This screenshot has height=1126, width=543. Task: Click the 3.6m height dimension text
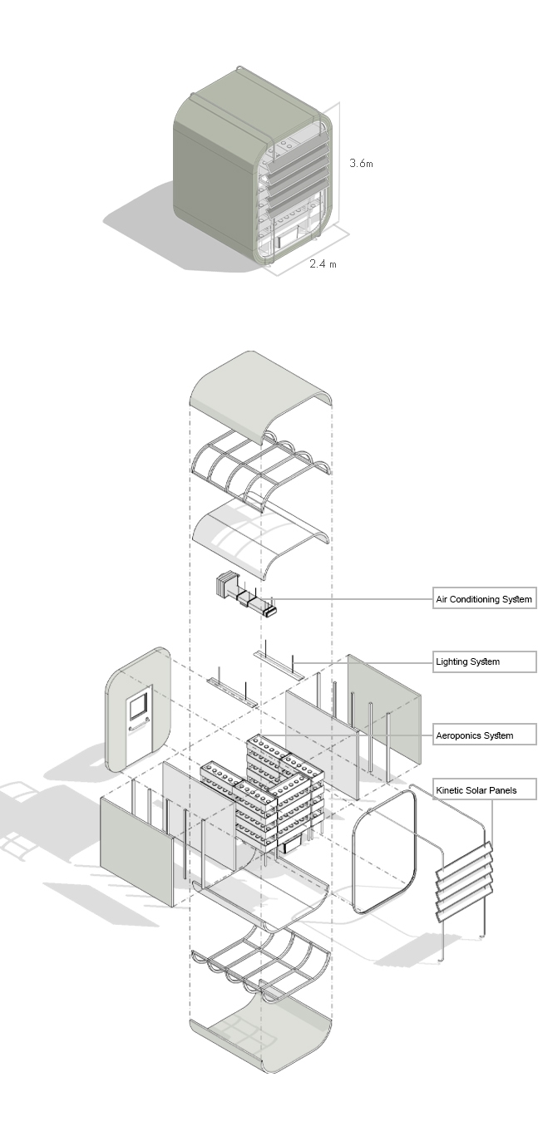(361, 164)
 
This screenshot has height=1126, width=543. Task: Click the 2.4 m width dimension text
(323, 264)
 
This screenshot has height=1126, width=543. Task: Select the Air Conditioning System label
(483, 599)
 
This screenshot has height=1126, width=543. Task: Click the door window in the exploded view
(137, 707)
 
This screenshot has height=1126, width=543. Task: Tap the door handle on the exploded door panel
(131, 727)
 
